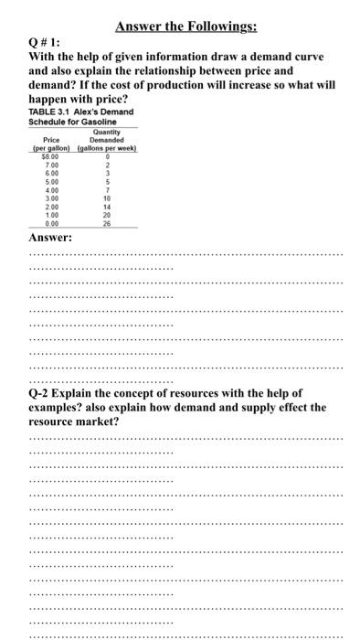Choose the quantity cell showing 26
[108, 223]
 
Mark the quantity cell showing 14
[108, 207]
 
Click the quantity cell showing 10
[108, 198]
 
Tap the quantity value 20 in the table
[108, 215]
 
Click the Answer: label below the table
[51, 238]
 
